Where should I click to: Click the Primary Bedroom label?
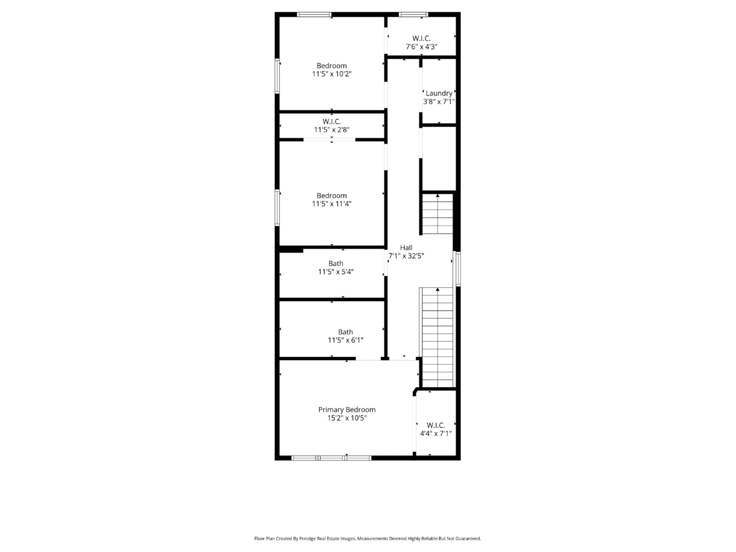coord(347,409)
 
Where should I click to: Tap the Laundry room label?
coord(439,93)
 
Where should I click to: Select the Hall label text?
coord(406,248)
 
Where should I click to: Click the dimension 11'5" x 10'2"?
coord(332,74)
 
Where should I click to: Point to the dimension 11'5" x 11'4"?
coord(332,204)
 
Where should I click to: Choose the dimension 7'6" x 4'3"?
coord(422,47)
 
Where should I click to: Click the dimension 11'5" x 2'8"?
coord(332,130)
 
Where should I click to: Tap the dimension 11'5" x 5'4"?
coord(336,272)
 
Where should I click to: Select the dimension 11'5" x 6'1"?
coord(346,340)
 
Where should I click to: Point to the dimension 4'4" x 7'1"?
coord(435,433)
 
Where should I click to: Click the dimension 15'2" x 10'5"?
coord(347,418)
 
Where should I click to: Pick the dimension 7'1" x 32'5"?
coord(406,256)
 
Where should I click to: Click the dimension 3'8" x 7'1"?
coord(439,102)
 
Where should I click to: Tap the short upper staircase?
coord(437,214)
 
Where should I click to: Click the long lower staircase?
coord(437,337)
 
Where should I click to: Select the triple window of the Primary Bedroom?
coord(331,458)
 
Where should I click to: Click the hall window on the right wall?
coord(458,269)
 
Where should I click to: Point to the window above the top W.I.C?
coord(413,14)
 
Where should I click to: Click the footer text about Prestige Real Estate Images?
coord(367,539)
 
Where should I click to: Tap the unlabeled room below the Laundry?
coord(439,158)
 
